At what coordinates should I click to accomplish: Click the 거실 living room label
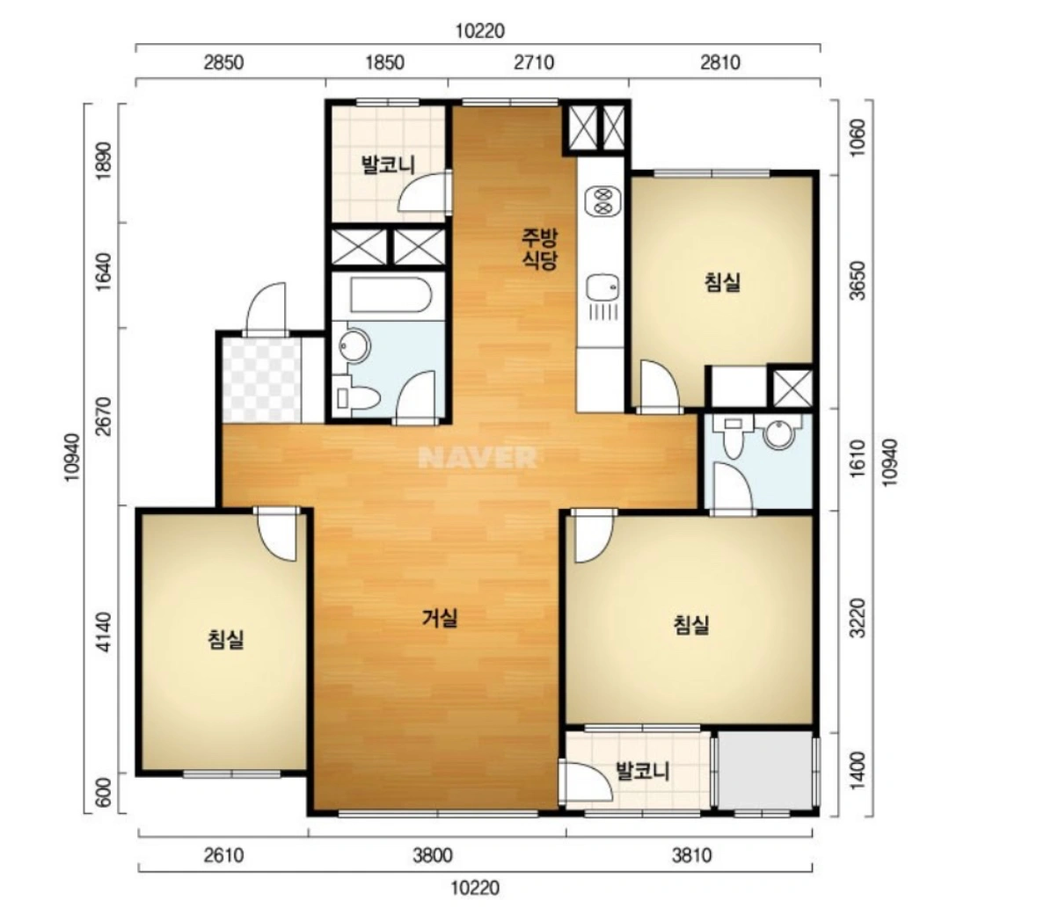click(440, 618)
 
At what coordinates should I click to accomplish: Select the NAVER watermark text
click(478, 457)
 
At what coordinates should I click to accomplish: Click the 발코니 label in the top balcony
click(388, 164)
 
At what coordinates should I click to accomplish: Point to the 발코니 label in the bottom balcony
click(643, 771)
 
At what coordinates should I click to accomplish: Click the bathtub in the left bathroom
click(391, 294)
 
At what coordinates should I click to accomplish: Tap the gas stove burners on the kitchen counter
click(602, 200)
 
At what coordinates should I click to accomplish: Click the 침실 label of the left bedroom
click(226, 639)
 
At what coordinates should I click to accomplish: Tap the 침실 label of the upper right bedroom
click(722, 282)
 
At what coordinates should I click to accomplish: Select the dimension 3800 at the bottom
click(433, 855)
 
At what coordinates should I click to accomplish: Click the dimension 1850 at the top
click(384, 62)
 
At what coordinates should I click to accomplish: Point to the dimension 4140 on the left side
click(105, 633)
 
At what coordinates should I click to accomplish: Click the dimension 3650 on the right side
click(857, 280)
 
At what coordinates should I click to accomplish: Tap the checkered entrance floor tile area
click(262, 380)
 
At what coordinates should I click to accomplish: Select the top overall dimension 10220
click(480, 31)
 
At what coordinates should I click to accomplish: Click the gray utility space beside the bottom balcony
click(765, 770)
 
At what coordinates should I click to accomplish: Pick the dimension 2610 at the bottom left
click(223, 855)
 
